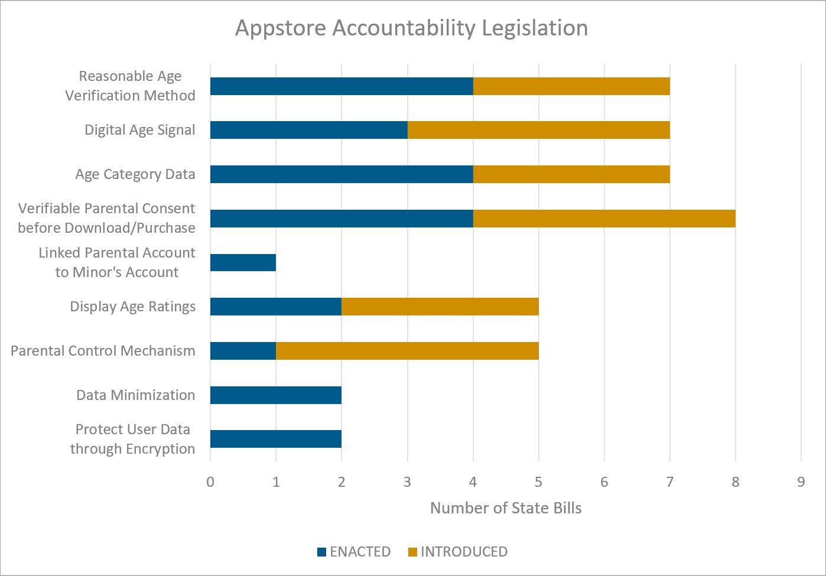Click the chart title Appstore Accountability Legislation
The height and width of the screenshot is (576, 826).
pyautogui.click(x=411, y=28)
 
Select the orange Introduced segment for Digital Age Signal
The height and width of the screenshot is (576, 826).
pyautogui.click(x=538, y=130)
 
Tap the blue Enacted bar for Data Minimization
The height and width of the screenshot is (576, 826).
pyautogui.click(x=275, y=395)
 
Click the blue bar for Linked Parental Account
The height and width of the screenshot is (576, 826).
pyautogui.click(x=243, y=262)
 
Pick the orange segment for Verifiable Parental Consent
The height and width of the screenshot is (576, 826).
pyautogui.click(x=604, y=219)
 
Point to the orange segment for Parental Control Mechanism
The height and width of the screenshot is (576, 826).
pyautogui.click(x=407, y=351)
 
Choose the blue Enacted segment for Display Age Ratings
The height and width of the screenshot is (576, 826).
pyautogui.click(x=275, y=307)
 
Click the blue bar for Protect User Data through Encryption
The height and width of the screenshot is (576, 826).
pyautogui.click(x=275, y=439)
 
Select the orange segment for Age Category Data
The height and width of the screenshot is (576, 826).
pyautogui.click(x=571, y=174)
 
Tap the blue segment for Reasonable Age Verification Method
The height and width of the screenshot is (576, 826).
pyautogui.click(x=342, y=86)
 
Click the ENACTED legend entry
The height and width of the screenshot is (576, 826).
pyautogui.click(x=354, y=552)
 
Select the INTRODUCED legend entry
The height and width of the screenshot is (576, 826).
pyautogui.click(x=457, y=552)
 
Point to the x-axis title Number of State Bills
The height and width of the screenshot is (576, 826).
pyautogui.click(x=506, y=508)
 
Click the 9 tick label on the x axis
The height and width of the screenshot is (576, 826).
pyautogui.click(x=801, y=482)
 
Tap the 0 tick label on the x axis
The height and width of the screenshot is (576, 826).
pyautogui.click(x=210, y=482)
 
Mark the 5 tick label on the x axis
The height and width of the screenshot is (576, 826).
pyautogui.click(x=538, y=482)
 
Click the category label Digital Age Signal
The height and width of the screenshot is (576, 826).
pyautogui.click(x=139, y=130)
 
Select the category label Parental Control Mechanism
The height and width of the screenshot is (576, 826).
pyautogui.click(x=103, y=351)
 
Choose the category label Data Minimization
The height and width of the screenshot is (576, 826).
pyautogui.click(x=135, y=395)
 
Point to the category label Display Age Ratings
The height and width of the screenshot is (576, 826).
pyautogui.click(x=132, y=307)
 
